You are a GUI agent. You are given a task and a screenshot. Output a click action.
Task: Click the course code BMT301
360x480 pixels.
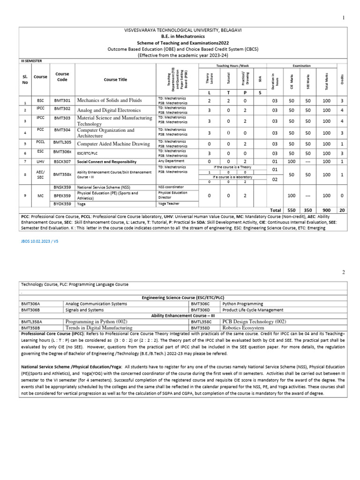coord(62,100)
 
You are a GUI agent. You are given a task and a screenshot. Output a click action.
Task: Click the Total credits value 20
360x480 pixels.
coord(342,210)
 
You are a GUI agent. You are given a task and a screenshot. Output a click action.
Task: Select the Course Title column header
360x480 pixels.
coord(115,80)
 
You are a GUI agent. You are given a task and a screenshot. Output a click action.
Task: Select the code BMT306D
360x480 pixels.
coord(200,310)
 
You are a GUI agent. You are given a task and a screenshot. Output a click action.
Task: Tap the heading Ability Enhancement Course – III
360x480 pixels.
coord(183,315)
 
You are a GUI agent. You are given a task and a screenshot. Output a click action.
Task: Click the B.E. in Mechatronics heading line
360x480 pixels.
coord(183,36)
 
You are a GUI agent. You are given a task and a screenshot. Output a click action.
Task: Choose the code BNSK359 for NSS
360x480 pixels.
coord(62,187)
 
